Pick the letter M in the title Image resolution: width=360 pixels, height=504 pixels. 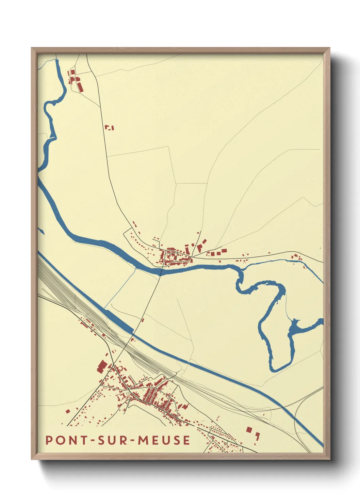(x=143, y=440)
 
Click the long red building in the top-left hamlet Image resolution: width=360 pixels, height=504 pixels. (x=81, y=86)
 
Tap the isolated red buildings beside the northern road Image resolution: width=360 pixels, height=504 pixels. (x=109, y=128)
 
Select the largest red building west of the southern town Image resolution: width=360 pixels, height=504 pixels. (x=101, y=367)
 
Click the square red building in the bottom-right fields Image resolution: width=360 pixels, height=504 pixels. (x=249, y=429)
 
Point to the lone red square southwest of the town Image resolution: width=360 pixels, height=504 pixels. (x=67, y=411)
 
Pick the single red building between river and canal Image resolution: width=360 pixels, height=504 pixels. (x=143, y=320)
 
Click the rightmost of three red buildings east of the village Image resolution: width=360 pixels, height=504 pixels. (x=224, y=251)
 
